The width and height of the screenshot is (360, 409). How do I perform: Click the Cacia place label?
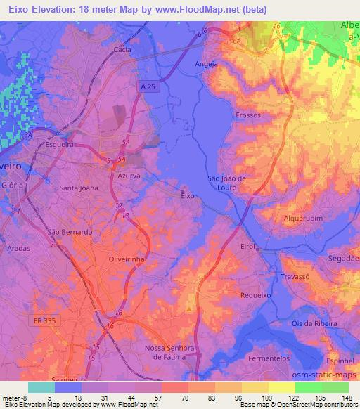(x=123, y=50)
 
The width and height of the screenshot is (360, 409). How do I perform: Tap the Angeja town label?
(x=205, y=64)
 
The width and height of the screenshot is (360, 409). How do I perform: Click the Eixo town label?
(x=187, y=196)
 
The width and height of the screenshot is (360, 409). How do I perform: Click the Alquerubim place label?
(x=302, y=218)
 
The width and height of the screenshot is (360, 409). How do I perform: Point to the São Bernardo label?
(x=69, y=232)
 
